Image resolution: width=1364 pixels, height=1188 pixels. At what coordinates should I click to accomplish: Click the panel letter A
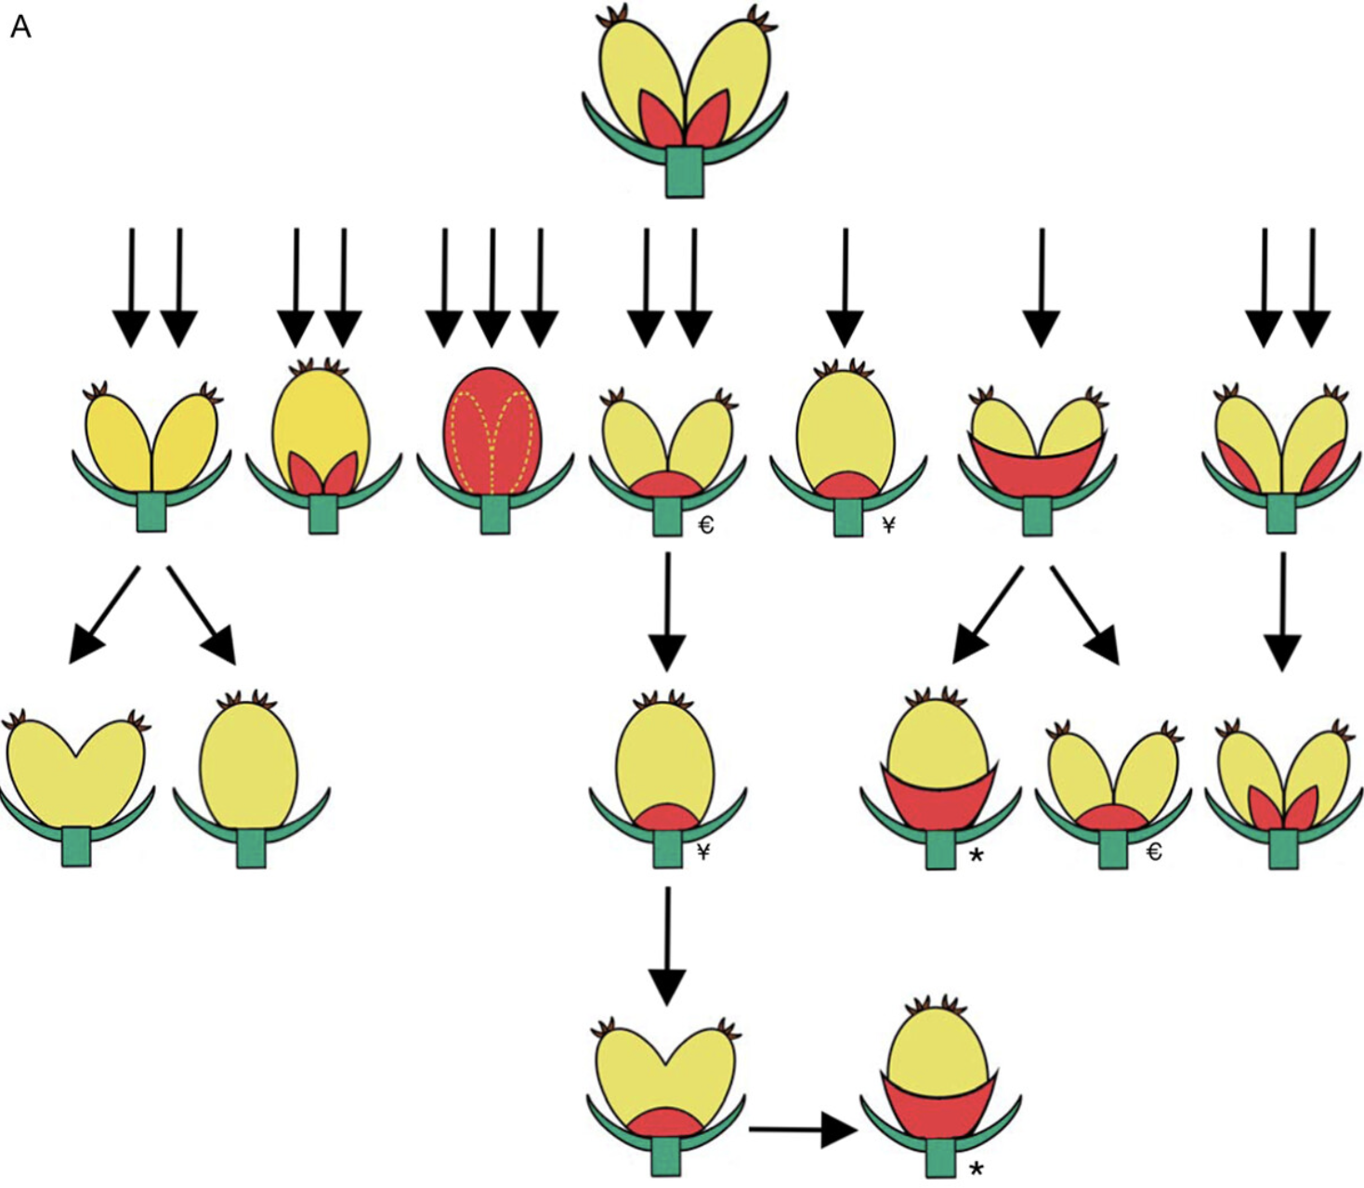click(20, 27)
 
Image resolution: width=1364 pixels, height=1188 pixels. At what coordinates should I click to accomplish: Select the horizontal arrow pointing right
click(801, 1130)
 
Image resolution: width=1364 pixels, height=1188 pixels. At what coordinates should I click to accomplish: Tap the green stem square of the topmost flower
click(685, 171)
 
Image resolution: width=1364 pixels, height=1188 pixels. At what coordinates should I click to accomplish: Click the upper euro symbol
click(705, 526)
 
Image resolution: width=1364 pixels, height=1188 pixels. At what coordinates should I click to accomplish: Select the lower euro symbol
click(1154, 851)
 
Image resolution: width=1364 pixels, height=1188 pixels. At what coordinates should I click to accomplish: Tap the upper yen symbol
click(888, 526)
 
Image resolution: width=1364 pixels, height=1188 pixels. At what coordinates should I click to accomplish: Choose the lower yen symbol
click(703, 851)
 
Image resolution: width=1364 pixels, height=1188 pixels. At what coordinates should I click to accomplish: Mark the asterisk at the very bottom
click(976, 1168)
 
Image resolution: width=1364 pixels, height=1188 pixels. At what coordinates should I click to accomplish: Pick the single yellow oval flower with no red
click(249, 767)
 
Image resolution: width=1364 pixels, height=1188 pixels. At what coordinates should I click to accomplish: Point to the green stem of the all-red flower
click(494, 514)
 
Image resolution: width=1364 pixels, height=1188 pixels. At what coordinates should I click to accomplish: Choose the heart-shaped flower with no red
click(76, 772)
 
